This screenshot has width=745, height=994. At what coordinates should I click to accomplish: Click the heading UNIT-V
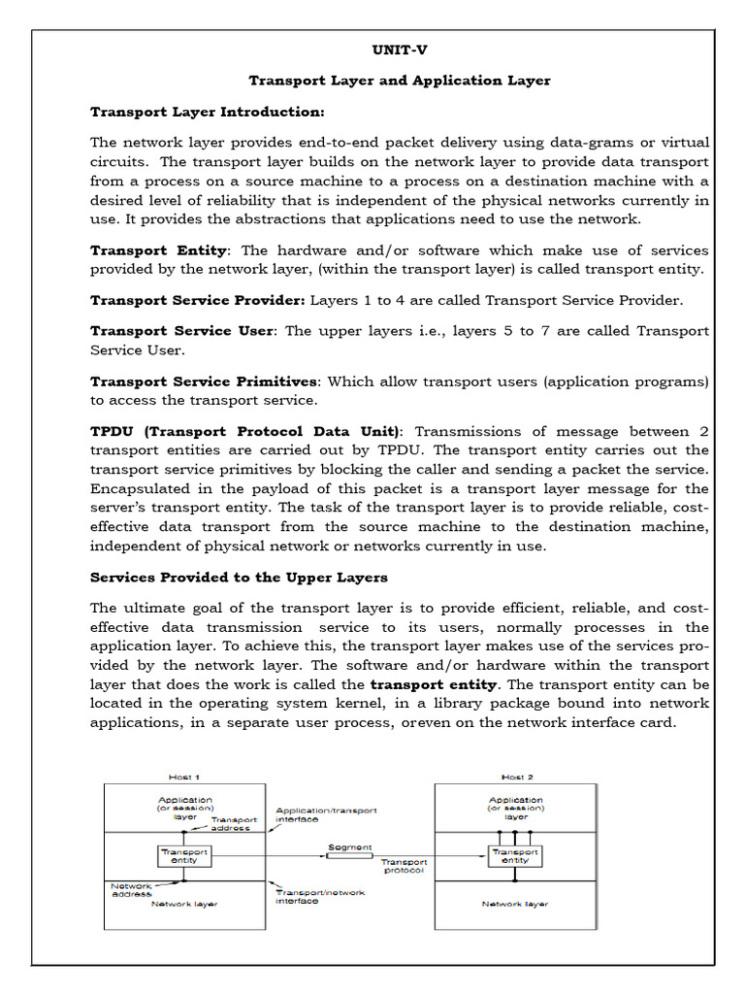click(x=399, y=50)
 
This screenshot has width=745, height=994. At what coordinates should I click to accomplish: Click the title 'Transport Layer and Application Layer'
click(x=399, y=81)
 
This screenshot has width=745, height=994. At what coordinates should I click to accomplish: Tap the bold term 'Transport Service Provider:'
click(x=198, y=300)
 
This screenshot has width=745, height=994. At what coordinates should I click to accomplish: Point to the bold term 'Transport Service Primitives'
click(x=204, y=381)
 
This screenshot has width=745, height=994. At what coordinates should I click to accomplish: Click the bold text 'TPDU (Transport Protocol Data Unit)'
click(x=244, y=431)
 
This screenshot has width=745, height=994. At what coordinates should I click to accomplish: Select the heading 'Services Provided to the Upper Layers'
click(x=239, y=578)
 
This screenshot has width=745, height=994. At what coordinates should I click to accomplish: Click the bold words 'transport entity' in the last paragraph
click(x=434, y=684)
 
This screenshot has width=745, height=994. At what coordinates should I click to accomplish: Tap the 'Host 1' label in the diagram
click(x=185, y=777)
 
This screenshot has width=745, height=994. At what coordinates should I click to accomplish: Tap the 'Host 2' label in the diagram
click(x=514, y=777)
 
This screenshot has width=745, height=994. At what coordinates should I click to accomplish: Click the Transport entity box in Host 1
click(x=183, y=855)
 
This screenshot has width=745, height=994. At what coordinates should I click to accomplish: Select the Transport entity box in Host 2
click(x=514, y=855)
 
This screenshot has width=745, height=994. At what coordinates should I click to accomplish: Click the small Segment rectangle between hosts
click(x=349, y=855)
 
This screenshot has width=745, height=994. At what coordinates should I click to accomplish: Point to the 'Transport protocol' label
click(x=403, y=866)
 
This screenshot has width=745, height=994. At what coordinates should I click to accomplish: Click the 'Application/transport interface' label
click(x=326, y=814)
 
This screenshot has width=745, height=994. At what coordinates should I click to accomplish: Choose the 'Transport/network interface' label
click(x=320, y=897)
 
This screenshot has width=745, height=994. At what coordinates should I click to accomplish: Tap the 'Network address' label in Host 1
click(x=131, y=889)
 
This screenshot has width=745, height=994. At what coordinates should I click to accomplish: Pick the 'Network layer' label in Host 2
click(x=514, y=904)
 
